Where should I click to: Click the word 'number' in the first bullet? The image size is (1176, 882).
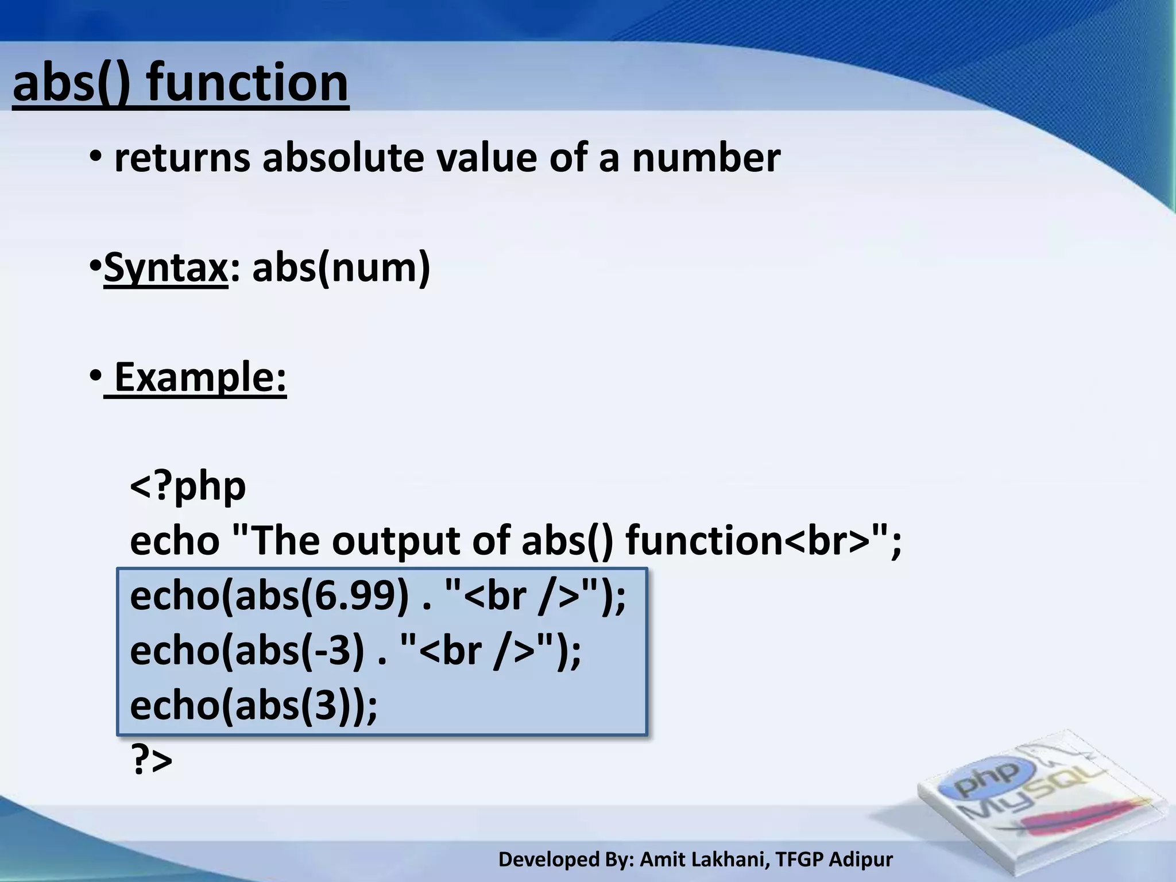(706, 158)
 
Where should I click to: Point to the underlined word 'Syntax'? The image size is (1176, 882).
(166, 268)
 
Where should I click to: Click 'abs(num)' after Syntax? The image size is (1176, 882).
(341, 268)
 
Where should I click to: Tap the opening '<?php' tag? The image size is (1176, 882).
(188, 486)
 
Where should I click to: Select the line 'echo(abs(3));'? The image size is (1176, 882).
(253, 705)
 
